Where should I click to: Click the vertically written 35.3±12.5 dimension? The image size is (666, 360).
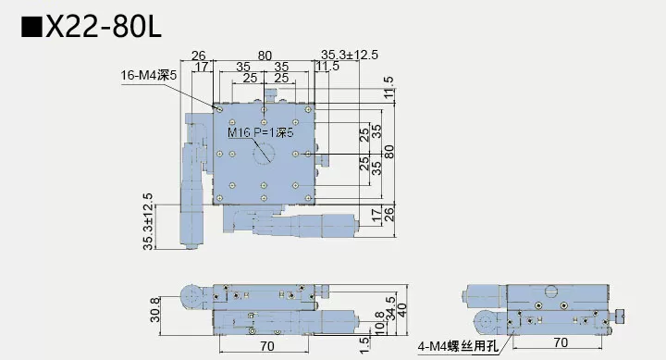click(148, 220)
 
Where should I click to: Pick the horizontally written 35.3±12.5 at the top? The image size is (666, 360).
click(350, 55)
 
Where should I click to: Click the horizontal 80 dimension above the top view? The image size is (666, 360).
click(265, 55)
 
